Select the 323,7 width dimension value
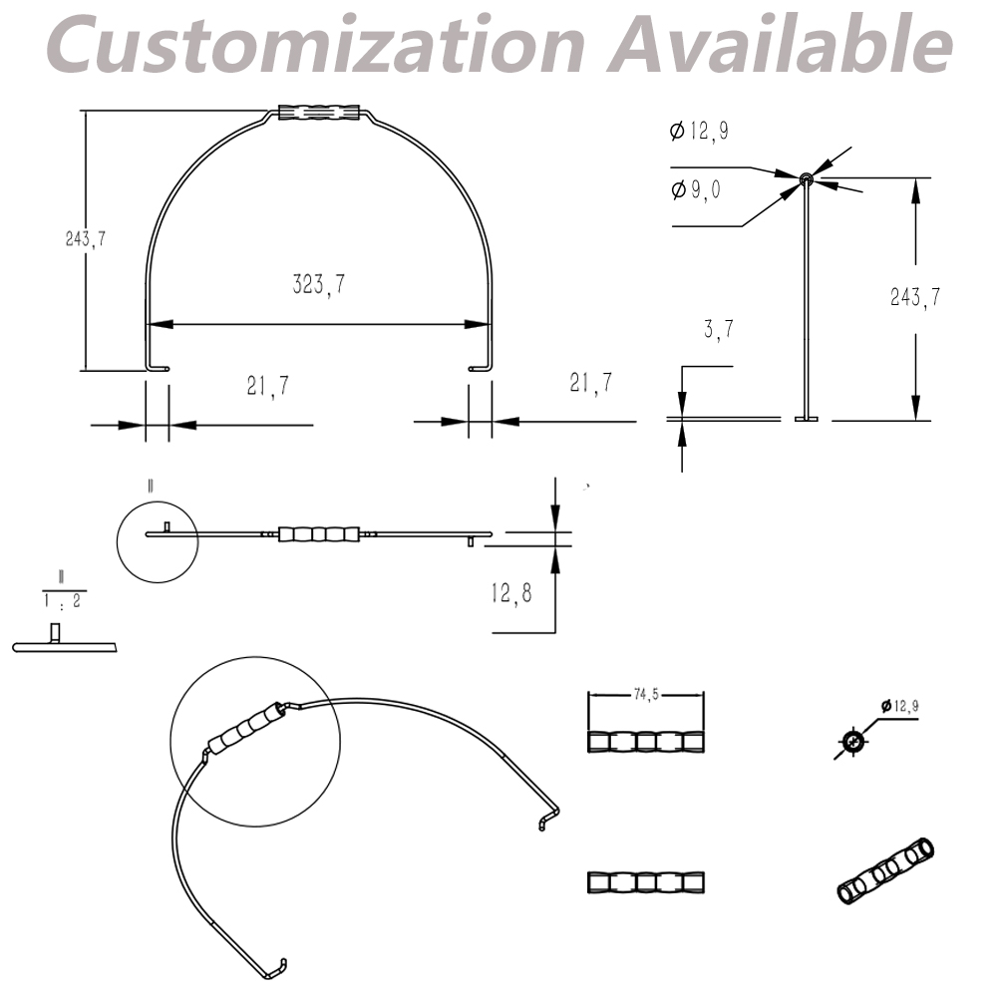[x=319, y=285]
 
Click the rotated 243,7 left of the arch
[x=86, y=239]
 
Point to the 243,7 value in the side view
[x=915, y=296]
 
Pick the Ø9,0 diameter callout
[x=696, y=189]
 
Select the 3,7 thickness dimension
[x=718, y=330]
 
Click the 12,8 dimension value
[x=510, y=594]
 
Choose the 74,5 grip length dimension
[x=646, y=696]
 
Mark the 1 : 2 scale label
[x=62, y=602]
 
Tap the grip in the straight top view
[x=319, y=534]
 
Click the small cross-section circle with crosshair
[x=852, y=741]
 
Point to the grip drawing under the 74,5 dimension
[x=646, y=743]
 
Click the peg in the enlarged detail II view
[x=56, y=633]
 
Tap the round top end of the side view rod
[x=806, y=179]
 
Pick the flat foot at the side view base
[x=806, y=419]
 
